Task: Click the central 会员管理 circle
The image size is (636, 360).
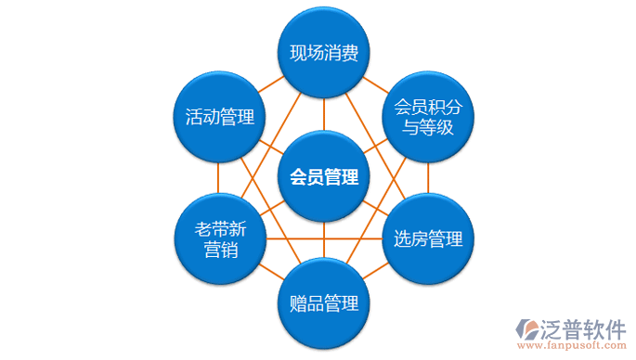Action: [x=324, y=176]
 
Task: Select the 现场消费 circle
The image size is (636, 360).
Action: [x=324, y=53]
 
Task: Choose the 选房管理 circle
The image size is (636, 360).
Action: [x=428, y=239]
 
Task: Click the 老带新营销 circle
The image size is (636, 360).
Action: [x=219, y=239]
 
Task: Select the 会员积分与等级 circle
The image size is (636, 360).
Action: [x=428, y=116]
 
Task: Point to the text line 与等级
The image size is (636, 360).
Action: [x=428, y=128]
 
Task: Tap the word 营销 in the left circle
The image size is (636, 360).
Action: [x=219, y=251]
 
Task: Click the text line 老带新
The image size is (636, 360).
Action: [x=219, y=228]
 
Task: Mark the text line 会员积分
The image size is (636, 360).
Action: [x=428, y=106]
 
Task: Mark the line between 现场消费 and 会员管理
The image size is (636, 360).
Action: [x=324, y=114]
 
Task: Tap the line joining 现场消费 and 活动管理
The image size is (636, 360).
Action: [x=270, y=85]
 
